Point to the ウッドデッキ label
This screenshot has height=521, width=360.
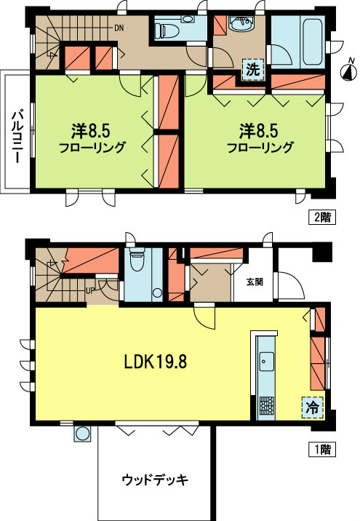155,480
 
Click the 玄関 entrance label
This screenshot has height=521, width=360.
255,282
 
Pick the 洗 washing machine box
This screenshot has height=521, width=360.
252,70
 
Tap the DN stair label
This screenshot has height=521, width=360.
118,29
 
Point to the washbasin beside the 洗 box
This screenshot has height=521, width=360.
239,27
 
